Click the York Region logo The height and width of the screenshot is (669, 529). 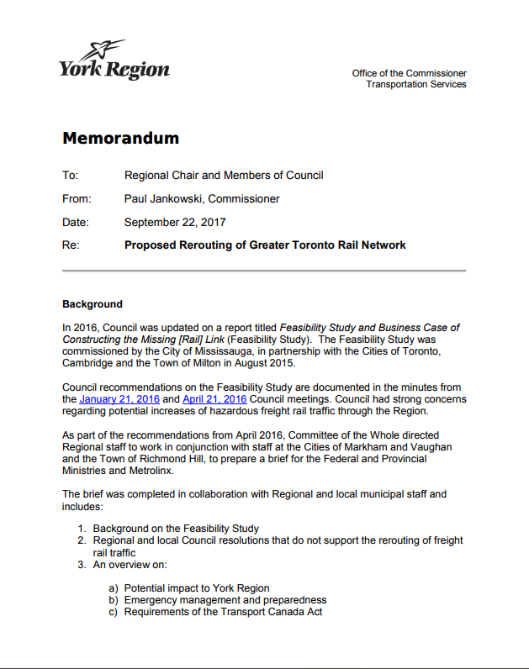[x=114, y=61]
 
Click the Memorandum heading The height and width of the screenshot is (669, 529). [x=120, y=139]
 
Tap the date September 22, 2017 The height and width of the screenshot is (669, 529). [x=175, y=223]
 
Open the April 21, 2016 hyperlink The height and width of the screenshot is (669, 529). [x=214, y=399]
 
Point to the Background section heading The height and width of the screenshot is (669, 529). [x=93, y=304]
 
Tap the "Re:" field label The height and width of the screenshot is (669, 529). [x=71, y=245]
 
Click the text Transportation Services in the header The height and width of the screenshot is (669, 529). [x=415, y=84]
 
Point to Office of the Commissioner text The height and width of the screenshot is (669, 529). [x=409, y=73]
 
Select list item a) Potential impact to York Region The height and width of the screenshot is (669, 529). [x=197, y=588]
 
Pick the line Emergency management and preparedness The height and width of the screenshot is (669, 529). [x=225, y=600]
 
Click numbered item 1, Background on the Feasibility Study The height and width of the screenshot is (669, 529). [x=176, y=529]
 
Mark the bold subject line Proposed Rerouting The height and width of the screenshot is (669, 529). [x=265, y=245]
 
